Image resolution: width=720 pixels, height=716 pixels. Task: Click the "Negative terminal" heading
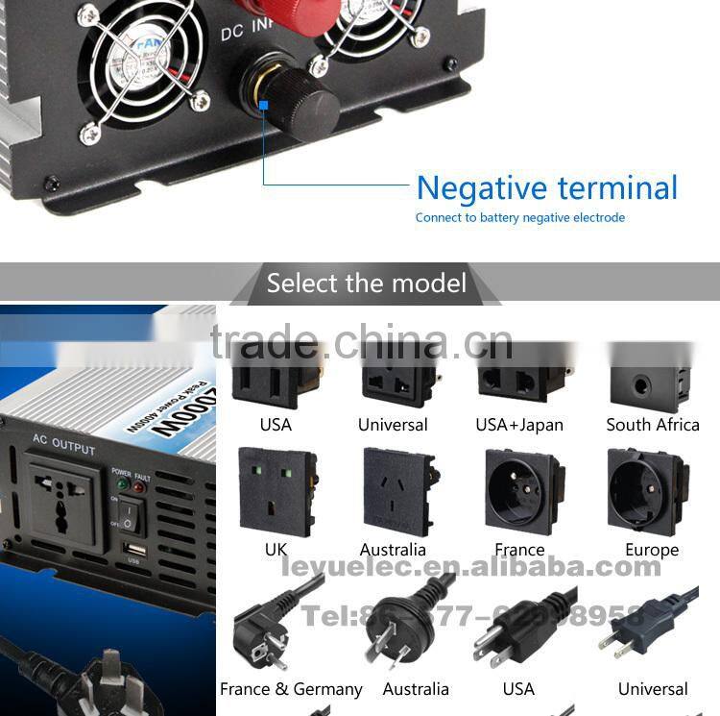[546, 187]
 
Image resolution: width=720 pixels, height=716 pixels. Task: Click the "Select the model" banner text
[367, 284]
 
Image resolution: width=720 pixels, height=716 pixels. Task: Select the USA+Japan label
[519, 425]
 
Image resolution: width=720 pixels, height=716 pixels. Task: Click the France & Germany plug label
[291, 689]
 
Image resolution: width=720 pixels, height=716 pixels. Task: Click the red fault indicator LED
[138, 487]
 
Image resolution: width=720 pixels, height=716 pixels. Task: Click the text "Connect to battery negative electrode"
[519, 218]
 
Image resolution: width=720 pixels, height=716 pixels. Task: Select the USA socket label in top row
[276, 425]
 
